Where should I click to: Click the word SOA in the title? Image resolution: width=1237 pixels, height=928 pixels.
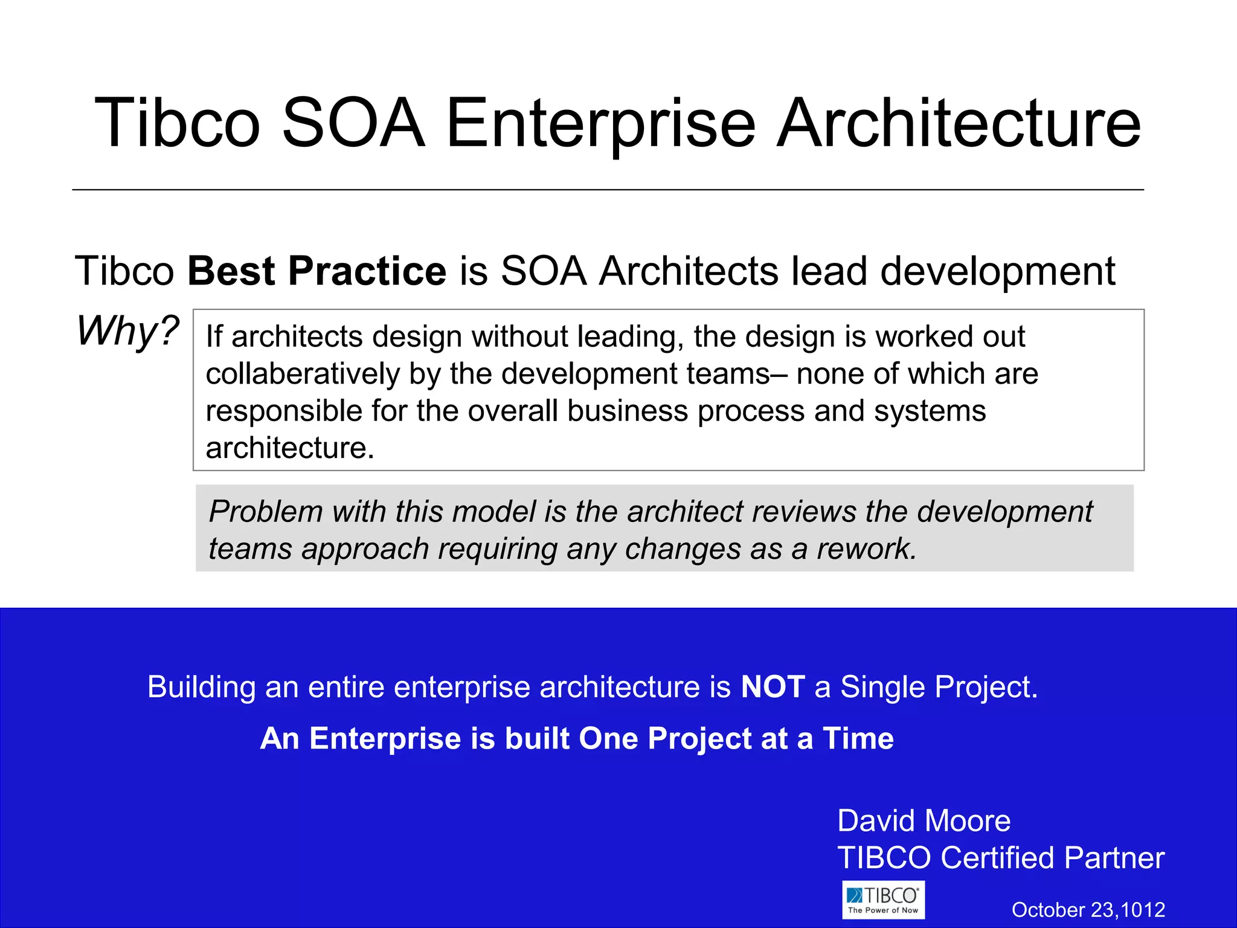(353, 124)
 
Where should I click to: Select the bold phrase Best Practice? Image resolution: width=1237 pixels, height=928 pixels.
(316, 271)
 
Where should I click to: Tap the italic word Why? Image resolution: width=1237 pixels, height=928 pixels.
(127, 331)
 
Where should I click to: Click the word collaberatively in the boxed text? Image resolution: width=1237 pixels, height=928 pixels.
(303, 374)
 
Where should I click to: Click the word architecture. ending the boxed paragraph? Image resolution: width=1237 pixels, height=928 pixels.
(290, 448)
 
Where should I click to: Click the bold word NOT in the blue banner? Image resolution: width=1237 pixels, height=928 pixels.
(773, 687)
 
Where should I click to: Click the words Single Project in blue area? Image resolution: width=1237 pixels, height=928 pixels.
(938, 687)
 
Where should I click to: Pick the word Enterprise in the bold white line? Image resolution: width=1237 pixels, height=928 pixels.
(385, 738)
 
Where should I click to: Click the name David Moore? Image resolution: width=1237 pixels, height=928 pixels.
(924, 821)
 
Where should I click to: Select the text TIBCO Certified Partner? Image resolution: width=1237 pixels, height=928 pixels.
(1000, 858)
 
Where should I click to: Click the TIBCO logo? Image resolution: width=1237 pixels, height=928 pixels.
(883, 900)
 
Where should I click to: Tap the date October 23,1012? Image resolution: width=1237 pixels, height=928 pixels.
(1088, 910)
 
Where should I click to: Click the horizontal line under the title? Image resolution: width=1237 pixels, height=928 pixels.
(608, 190)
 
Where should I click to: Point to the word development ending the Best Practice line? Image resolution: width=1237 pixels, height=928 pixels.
(997, 271)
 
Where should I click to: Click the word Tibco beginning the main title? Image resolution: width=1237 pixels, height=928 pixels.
(177, 124)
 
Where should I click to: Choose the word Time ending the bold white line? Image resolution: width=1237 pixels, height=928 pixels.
(858, 738)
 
